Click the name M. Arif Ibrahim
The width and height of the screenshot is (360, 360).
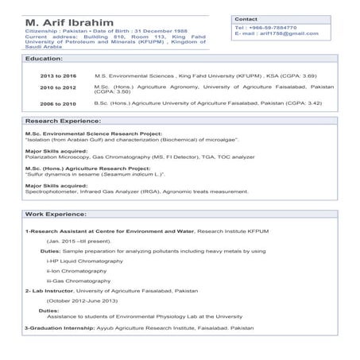pyautogui.click(x=69, y=21)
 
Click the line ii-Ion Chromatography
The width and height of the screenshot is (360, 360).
pyautogui.click(x=77, y=271)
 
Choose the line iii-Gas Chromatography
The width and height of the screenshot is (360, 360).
pyautogui.click(x=79, y=281)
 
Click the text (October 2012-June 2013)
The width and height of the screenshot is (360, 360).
pyautogui.click(x=83, y=301)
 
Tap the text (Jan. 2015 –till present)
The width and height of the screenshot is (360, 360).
pyautogui.click(x=79, y=240)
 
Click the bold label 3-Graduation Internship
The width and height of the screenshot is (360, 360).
pyautogui.click(x=60, y=327)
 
